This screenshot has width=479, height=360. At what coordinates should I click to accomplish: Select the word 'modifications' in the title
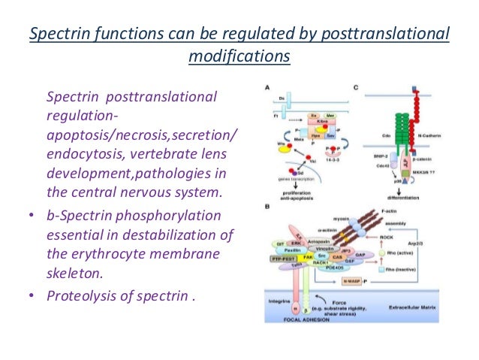point(239,56)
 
